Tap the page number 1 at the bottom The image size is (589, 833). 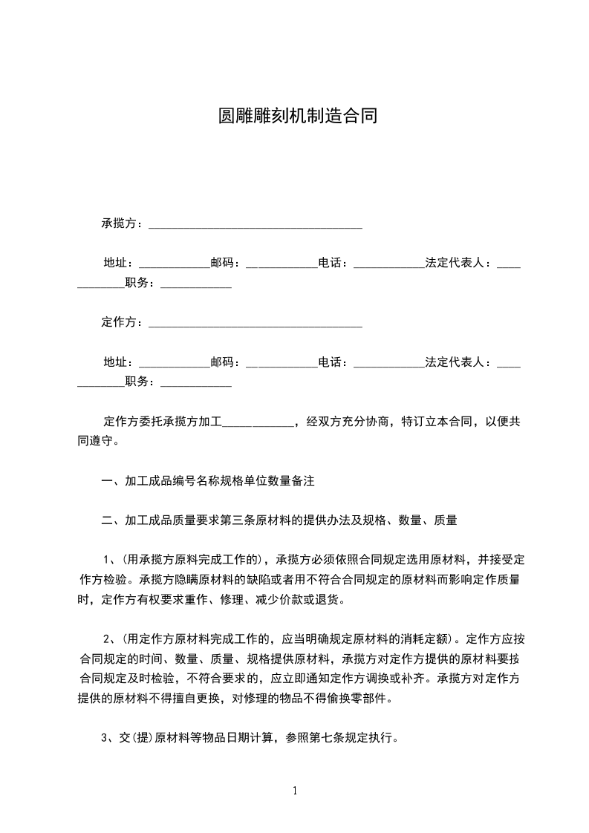[x=295, y=791]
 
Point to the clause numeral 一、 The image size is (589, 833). [x=113, y=481]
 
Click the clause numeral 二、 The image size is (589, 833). [x=113, y=520]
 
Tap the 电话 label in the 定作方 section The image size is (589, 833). [x=331, y=362]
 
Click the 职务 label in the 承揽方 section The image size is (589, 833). [x=137, y=283]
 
